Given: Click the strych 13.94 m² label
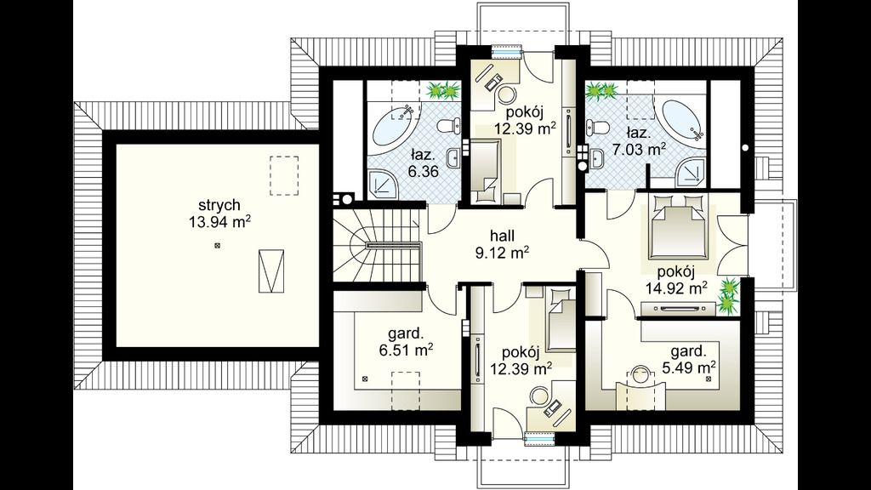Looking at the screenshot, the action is tap(219, 214).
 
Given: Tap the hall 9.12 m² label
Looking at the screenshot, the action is tap(502, 244).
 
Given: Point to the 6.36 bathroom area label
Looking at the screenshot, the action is tap(424, 163).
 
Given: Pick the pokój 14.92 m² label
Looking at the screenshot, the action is tap(676, 279).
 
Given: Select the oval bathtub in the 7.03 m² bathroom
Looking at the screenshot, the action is tap(682, 120).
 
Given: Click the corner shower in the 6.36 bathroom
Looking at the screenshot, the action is tap(383, 185).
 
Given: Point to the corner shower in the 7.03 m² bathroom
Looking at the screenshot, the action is tap(692, 171).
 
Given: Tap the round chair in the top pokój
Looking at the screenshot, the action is tap(505, 94).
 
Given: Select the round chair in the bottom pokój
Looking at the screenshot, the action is tap(538, 396).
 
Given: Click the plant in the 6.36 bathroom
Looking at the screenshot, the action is tap(444, 89).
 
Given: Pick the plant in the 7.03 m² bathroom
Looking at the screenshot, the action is tap(602, 90).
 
